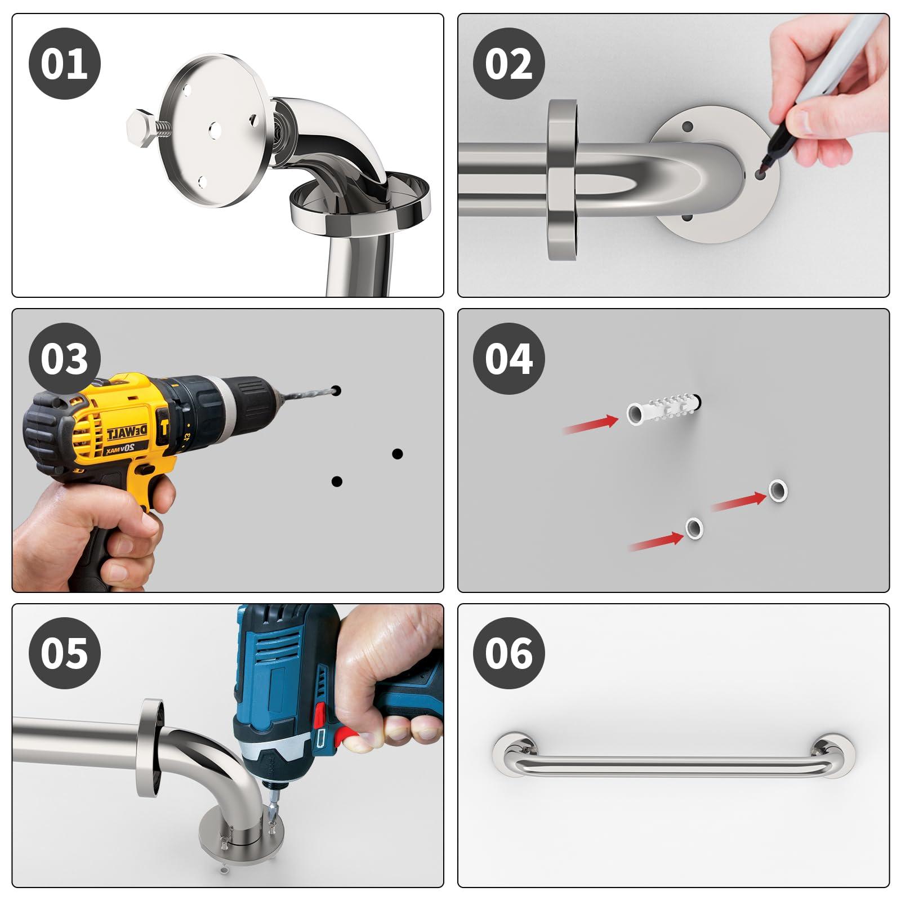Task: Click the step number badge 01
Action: [64, 63]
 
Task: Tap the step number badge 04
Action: [509, 359]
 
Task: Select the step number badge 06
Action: [509, 653]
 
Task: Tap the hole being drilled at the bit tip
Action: [336, 390]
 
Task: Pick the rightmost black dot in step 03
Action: [397, 453]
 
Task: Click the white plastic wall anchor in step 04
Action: [662, 410]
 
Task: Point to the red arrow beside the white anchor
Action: [591, 425]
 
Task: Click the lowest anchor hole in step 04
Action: [694, 528]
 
